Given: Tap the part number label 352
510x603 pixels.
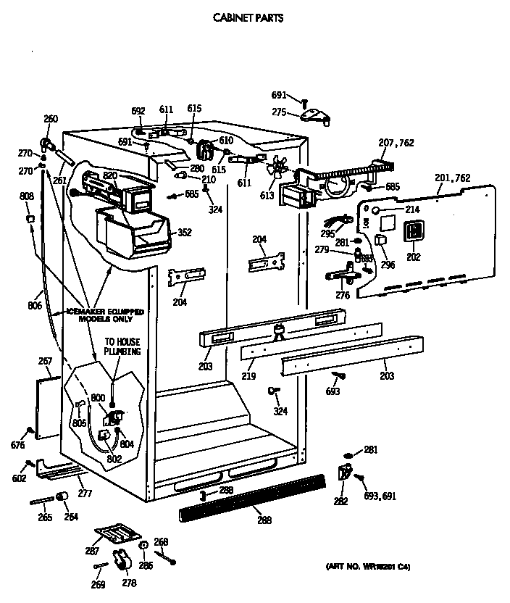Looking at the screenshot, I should coord(185,233).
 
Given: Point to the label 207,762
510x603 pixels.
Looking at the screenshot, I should coord(396,143).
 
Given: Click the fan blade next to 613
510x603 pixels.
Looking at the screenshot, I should coord(277,171).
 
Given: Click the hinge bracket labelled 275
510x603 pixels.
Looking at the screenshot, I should coord(312,115).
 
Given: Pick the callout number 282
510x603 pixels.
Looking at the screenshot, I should coord(340,500).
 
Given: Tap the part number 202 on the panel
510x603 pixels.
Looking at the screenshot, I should coord(414,257).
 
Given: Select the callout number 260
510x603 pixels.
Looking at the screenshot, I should coord(51,119).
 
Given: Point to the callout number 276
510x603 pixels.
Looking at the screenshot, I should coord(343,294).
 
